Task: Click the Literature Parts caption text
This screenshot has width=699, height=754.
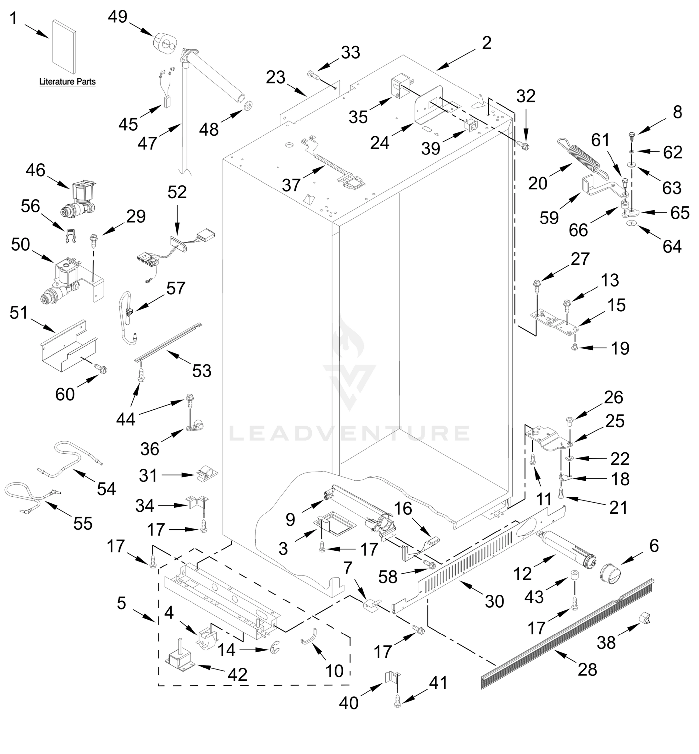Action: point(67,82)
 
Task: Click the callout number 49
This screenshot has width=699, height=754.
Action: point(118,17)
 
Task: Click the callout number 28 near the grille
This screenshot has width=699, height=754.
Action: point(587,670)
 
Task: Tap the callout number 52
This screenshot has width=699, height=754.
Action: point(177,193)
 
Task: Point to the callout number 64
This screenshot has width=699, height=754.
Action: point(672,247)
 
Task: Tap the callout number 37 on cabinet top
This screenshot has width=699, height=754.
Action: point(291,186)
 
